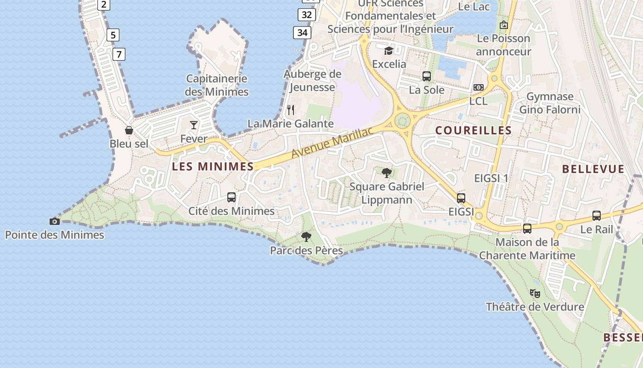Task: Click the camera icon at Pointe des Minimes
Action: [x=55, y=222]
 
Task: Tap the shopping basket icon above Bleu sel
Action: [x=129, y=130]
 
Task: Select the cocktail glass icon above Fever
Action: [x=194, y=125]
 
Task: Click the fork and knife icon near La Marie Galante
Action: [x=290, y=110]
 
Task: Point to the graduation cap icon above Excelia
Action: [x=389, y=51]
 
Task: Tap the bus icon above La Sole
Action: [x=427, y=76]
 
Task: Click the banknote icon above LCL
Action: [x=479, y=87]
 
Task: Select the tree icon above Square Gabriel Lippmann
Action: [x=387, y=173]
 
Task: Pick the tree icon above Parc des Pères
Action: [x=306, y=237]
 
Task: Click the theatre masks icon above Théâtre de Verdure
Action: [x=535, y=293]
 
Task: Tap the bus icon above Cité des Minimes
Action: [x=231, y=197]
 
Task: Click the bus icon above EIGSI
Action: [x=461, y=198]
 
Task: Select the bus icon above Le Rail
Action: [x=597, y=215]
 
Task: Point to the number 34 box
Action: [x=302, y=33]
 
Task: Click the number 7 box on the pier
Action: [x=119, y=54]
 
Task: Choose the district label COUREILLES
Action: [x=474, y=131]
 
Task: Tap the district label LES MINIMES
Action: [x=213, y=167]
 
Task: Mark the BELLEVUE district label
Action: [x=593, y=169]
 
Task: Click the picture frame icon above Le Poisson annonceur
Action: [x=504, y=25]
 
